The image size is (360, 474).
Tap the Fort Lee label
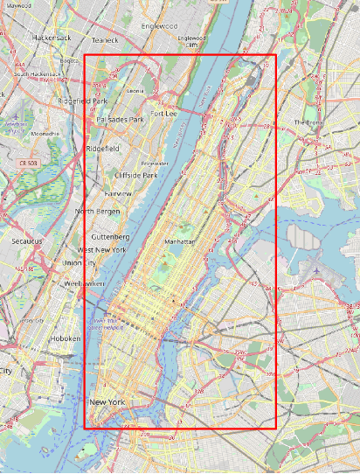[x=163, y=114]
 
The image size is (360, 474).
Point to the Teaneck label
[x=105, y=39]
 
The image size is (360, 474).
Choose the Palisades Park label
[x=120, y=119]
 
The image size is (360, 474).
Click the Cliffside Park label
[x=138, y=176]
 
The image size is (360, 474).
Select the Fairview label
[x=117, y=192]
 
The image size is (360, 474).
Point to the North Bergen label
[x=97, y=212]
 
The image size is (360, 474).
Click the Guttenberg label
[x=111, y=237]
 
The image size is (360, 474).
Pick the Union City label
[x=80, y=263]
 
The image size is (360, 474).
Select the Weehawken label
[x=84, y=284]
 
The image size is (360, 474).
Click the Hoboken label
[x=63, y=338]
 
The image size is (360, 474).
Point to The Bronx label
[x=308, y=122]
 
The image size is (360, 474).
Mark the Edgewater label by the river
[x=156, y=164]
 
